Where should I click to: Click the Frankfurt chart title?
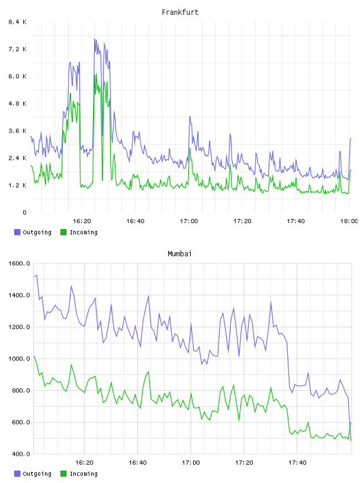180,12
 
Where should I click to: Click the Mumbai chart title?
179,254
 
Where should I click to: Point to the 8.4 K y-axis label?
17,22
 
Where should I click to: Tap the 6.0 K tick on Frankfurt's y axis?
17,76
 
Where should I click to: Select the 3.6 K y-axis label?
17,131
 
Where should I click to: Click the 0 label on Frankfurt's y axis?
24,212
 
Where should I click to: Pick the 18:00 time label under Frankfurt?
349,221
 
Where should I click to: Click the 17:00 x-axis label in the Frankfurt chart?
189,221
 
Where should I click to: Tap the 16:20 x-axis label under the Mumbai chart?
84,463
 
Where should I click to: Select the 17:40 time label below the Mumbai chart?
297,463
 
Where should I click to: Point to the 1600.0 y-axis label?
19,263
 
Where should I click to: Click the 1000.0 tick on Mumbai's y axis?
19,359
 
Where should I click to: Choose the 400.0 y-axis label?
19,454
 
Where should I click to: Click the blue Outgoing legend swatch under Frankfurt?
17,232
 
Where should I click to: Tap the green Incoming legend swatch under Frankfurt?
63,232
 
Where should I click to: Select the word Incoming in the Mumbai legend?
83,474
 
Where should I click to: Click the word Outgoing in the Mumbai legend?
37,474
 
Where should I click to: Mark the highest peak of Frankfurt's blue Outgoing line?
95,39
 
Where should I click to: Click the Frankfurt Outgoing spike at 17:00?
190,117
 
